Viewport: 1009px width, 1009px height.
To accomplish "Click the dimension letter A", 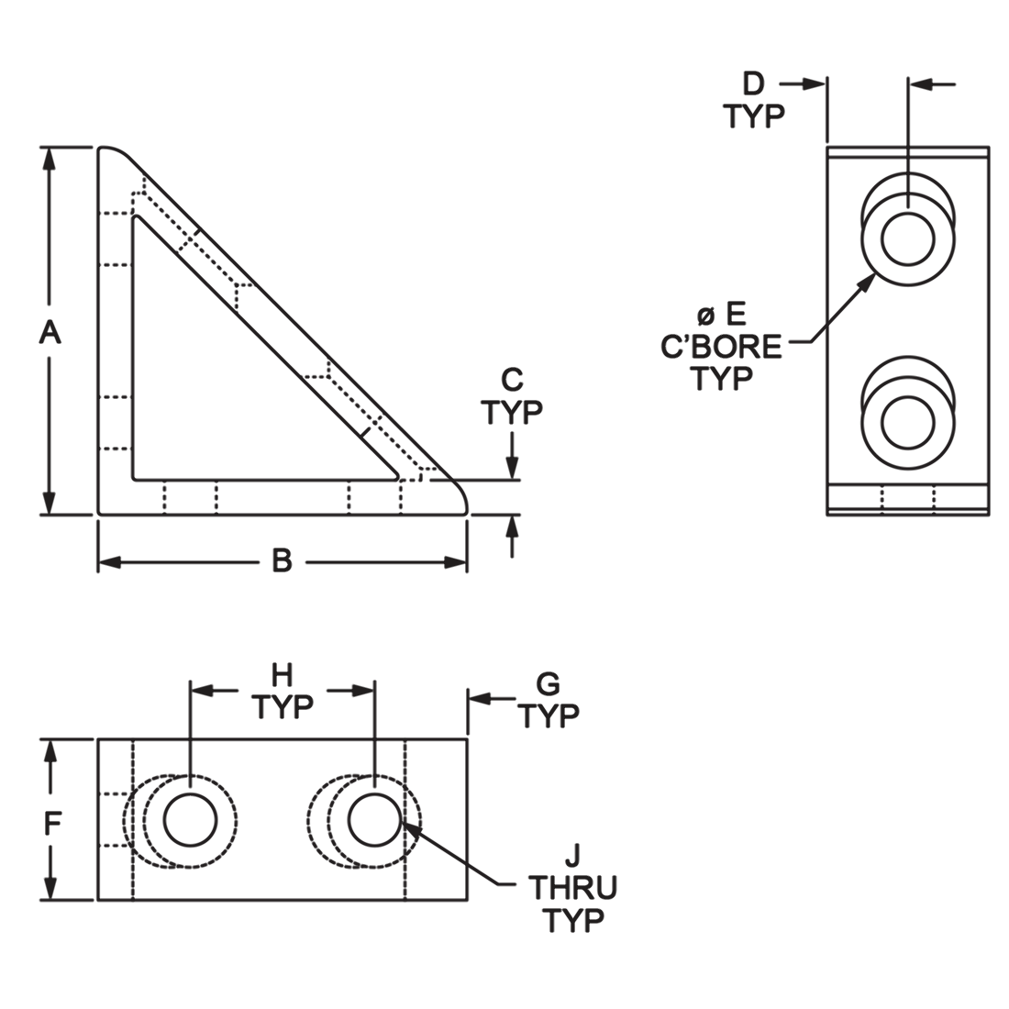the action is (50, 333).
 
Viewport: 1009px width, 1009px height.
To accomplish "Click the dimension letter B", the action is (282, 561).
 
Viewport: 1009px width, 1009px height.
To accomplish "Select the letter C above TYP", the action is (512, 381).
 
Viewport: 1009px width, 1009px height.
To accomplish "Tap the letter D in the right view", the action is (753, 83).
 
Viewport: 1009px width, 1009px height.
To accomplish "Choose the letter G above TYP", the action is (549, 684).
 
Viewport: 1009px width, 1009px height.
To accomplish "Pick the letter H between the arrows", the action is (282, 676).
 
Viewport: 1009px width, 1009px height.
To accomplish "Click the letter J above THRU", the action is (573, 857).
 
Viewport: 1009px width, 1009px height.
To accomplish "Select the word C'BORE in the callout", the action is (721, 348).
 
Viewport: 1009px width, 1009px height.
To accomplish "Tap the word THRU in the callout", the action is (572, 888).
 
